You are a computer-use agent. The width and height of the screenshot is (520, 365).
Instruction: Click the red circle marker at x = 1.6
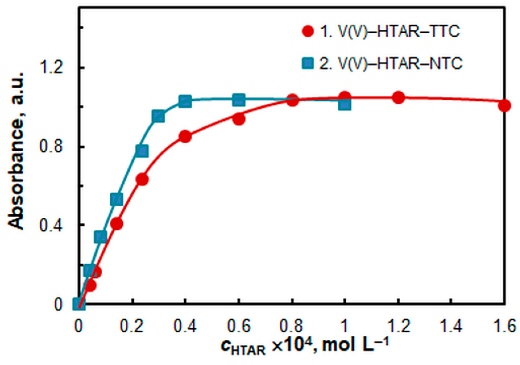(504, 106)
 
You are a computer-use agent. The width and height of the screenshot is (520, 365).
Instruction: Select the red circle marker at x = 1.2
(398, 97)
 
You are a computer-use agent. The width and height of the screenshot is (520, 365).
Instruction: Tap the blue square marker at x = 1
(345, 104)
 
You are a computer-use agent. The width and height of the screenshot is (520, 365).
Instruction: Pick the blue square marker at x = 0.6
(239, 100)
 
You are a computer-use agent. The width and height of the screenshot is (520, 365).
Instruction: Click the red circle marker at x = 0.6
(239, 119)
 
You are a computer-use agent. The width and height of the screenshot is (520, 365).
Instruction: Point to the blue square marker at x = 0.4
(185, 101)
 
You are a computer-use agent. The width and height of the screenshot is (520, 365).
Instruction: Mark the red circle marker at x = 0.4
(185, 137)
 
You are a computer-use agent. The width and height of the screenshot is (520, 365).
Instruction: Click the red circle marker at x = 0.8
(292, 100)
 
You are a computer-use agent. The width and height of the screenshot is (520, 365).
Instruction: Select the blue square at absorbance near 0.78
(142, 151)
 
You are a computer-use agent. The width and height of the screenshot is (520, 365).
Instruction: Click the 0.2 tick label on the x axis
(131, 326)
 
